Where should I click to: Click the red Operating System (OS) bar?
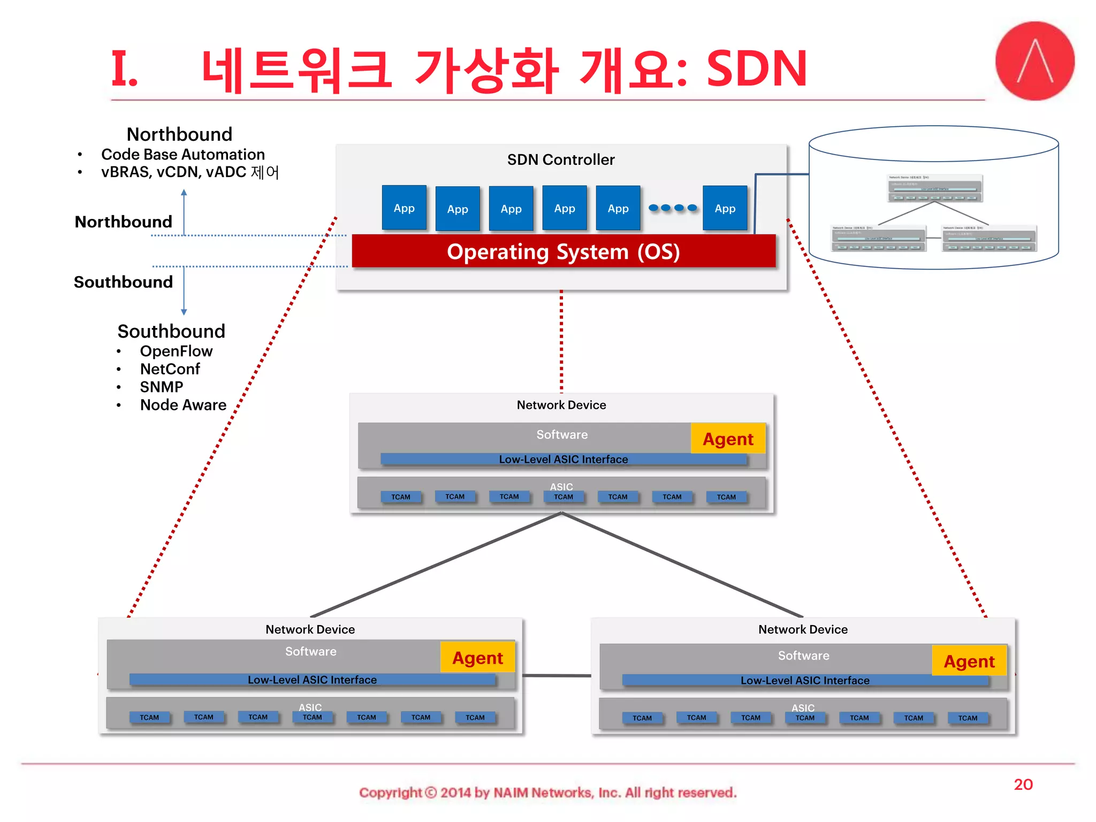pos(563,251)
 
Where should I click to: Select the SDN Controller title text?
pos(560,159)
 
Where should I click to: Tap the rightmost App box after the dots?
pos(725,208)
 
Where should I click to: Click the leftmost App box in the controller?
pos(404,208)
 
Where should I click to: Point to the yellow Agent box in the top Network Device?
pos(728,439)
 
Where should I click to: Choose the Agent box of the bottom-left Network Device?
pos(477,658)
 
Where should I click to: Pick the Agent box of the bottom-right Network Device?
pos(969,661)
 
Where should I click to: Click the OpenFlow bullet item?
pos(176,351)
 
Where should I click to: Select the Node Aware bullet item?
pos(183,405)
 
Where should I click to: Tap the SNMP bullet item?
pos(161,386)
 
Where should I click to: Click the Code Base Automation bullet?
pos(182,154)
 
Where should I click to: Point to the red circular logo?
pos(1034,61)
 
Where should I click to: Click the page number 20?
pos(1023,784)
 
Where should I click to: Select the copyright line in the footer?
pos(547,792)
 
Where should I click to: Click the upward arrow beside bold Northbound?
pos(184,211)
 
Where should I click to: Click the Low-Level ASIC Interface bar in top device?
pos(563,459)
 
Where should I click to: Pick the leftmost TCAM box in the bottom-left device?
pos(149,717)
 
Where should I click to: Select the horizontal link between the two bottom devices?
pos(557,675)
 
